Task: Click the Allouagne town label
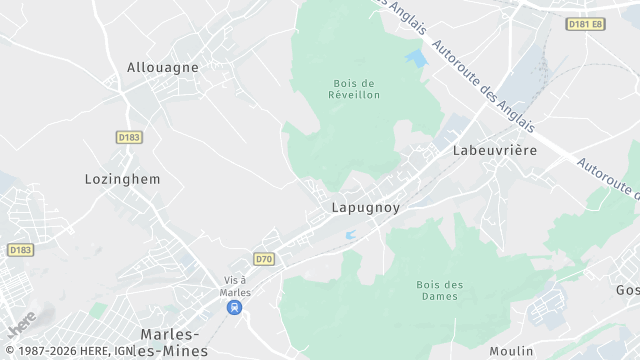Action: [x=163, y=68]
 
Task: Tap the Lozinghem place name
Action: [x=122, y=178]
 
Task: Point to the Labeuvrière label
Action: [x=495, y=150]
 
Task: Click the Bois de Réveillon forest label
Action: [x=354, y=89]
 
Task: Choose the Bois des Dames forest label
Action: [x=440, y=290]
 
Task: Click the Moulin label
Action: [x=511, y=351]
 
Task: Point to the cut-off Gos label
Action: [x=627, y=290]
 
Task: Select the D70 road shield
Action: [x=263, y=259]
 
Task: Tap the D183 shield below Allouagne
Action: [x=128, y=137]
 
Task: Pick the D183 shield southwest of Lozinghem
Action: [x=19, y=249]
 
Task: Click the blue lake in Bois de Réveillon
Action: [x=415, y=58]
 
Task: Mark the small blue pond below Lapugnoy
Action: [x=349, y=235]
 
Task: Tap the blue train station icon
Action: [x=235, y=308]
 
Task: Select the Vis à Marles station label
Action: [x=235, y=286]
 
